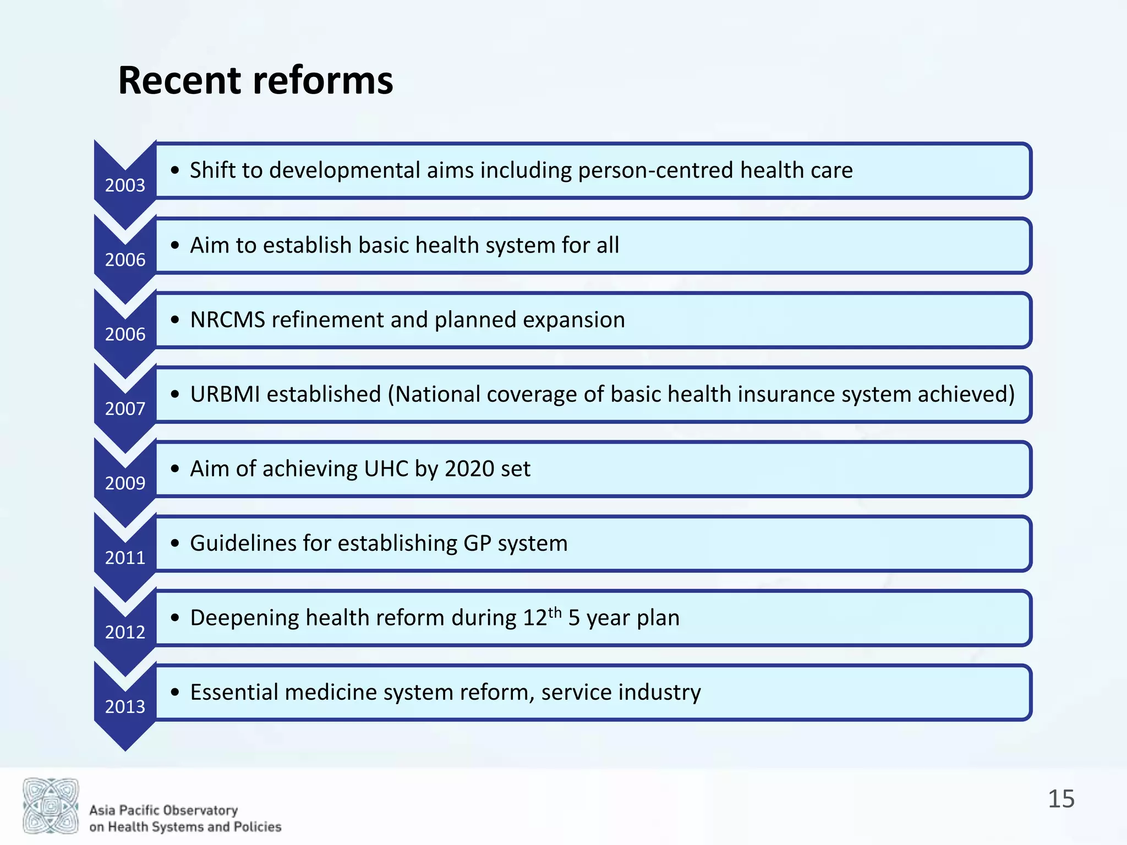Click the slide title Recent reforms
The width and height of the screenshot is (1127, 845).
(x=255, y=81)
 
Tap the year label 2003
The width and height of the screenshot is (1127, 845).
(x=125, y=185)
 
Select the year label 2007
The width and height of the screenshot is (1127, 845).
(x=125, y=409)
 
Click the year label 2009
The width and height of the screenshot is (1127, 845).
(x=125, y=483)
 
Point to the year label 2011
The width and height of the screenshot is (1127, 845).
(x=125, y=558)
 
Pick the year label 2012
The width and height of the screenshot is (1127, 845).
(x=125, y=632)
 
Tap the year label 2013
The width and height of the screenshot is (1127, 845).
(x=125, y=706)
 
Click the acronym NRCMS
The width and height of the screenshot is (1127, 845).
(x=227, y=320)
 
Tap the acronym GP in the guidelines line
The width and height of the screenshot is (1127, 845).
(x=477, y=544)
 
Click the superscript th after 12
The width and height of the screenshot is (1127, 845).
(x=555, y=612)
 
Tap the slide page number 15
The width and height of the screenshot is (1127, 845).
(x=1061, y=799)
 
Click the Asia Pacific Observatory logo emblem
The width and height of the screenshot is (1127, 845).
(x=51, y=805)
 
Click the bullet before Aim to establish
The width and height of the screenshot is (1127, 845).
(x=175, y=245)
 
